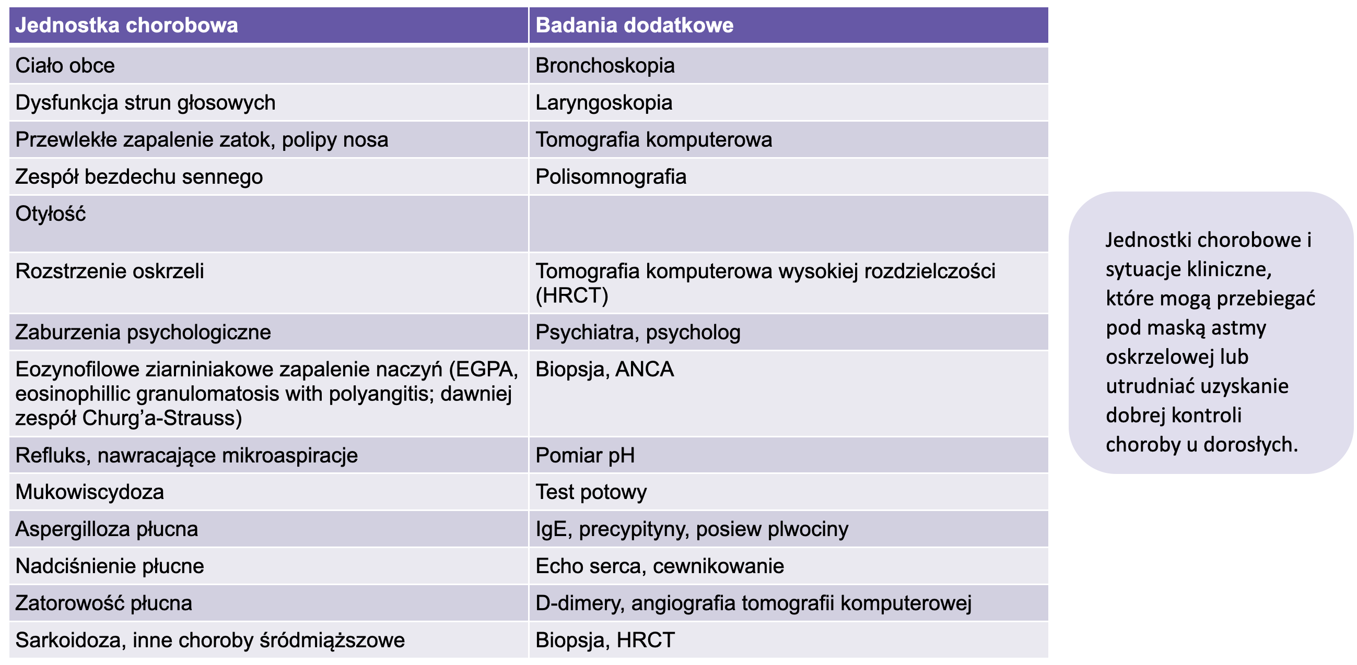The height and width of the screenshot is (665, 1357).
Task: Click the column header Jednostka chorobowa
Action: point(126,25)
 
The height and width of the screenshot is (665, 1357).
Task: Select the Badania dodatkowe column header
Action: point(634,25)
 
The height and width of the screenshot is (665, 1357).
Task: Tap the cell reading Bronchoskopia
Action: point(605,66)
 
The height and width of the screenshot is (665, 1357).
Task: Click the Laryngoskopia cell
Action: point(604,103)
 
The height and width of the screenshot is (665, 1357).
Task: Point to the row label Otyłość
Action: point(51,214)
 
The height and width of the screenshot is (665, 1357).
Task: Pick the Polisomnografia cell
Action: point(611,177)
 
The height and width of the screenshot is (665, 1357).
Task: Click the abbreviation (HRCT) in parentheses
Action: point(571,295)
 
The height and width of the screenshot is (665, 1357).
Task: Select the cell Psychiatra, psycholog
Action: point(637,332)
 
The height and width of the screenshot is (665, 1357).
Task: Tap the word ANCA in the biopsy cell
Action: point(644,369)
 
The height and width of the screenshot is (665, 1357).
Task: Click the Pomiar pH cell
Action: point(584,456)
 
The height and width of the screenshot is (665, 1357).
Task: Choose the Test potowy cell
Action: point(591,492)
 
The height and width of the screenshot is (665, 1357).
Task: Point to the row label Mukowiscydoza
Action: point(89,492)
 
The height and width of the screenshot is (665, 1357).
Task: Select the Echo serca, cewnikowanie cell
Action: point(660,566)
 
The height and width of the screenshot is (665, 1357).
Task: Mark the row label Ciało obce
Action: point(65,66)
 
